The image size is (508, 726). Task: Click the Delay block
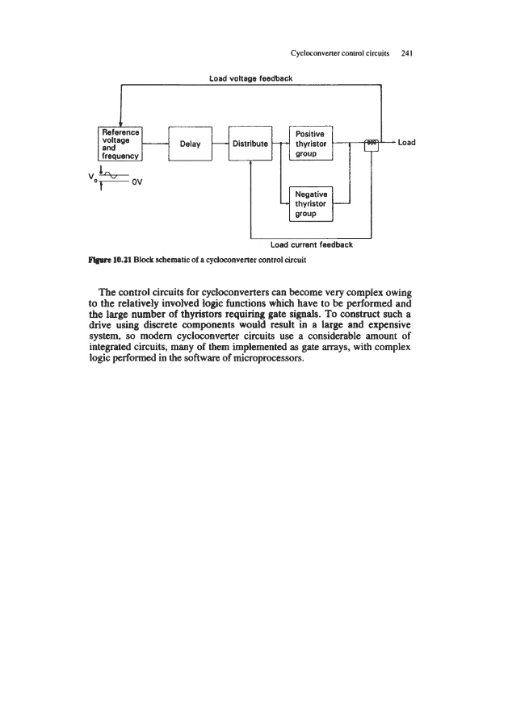point(190,144)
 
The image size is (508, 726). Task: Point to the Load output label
point(406,143)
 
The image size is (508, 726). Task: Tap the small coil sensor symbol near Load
point(371,143)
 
